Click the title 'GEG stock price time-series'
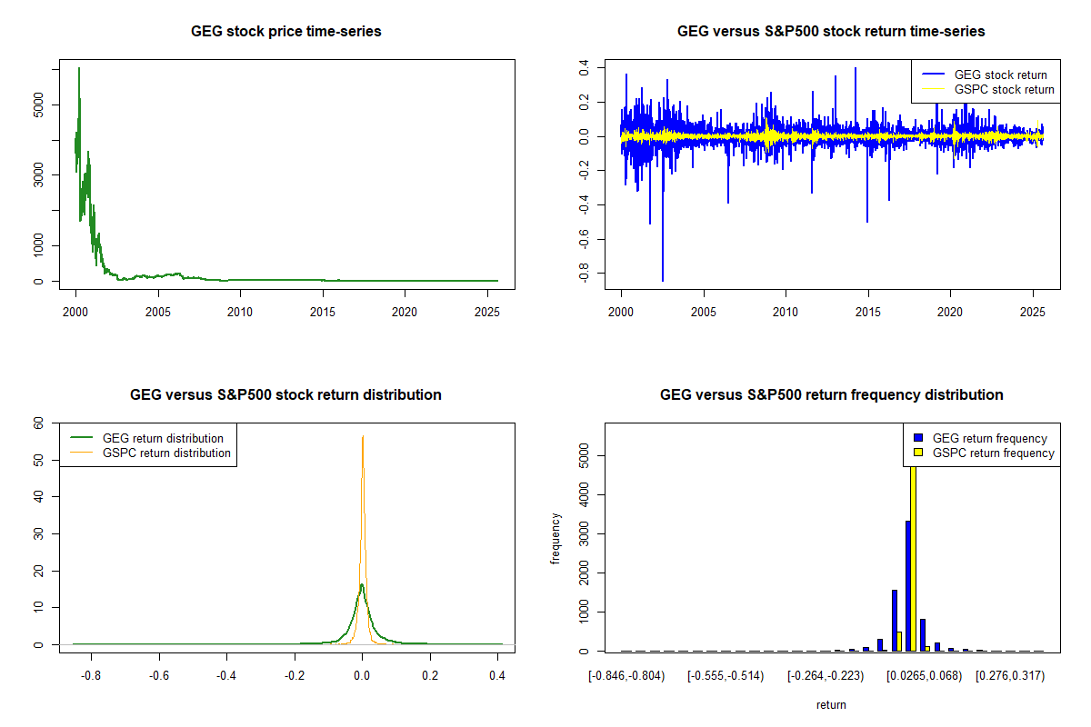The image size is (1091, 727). [285, 32]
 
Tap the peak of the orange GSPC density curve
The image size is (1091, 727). [363, 437]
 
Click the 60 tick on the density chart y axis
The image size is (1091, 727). [38, 423]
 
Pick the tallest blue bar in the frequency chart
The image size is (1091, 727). [907, 585]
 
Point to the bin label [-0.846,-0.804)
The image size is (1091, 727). [627, 675]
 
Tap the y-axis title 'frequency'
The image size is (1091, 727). [556, 538]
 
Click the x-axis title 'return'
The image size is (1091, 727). [831, 704]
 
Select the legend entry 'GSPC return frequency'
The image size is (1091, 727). [993, 453]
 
